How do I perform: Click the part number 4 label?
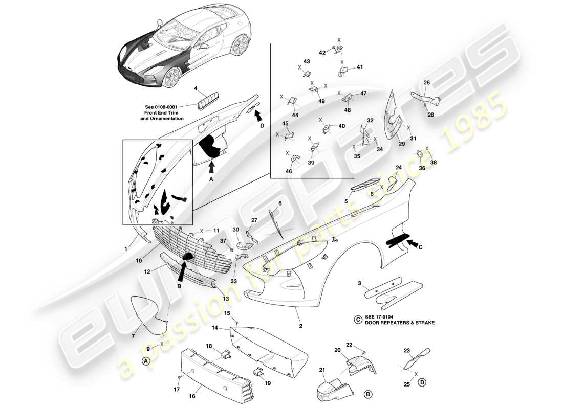[x=196, y=88]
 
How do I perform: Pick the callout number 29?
[x=402, y=144]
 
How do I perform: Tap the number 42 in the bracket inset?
[x=322, y=52]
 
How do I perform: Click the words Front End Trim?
[x=162, y=113]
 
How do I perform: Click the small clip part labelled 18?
[x=224, y=353]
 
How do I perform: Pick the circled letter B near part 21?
[x=367, y=394]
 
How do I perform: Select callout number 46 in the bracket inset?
[x=289, y=171]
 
